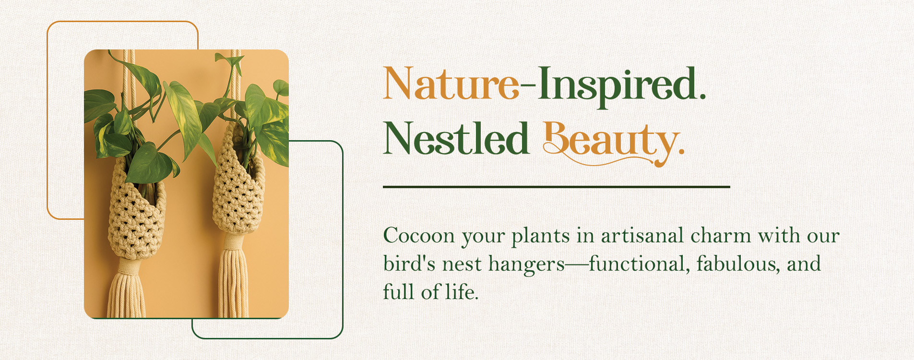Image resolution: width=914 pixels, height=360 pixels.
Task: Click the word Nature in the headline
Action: point(451,84)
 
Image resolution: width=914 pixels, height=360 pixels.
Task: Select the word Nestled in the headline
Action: point(456,138)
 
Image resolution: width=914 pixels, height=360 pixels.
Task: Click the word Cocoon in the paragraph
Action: point(418,236)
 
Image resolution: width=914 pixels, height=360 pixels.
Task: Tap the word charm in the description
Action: point(721,236)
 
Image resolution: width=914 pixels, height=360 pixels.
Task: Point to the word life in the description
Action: point(462,291)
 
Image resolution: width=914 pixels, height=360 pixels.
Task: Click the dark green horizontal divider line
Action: point(557,187)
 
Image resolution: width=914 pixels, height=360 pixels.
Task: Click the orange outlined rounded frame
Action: point(47,120)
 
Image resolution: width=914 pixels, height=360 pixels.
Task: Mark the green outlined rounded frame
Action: point(343,240)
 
